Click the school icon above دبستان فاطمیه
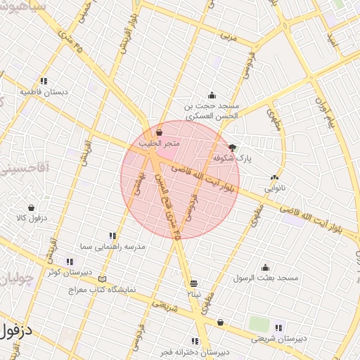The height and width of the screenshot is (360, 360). [x=44, y=81]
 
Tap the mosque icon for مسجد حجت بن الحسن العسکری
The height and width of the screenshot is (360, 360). [x=212, y=96]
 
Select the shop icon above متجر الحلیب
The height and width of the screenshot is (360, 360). [x=159, y=131]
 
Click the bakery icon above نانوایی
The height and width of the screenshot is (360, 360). [x=274, y=178]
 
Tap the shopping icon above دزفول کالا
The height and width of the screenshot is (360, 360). [x=31, y=207]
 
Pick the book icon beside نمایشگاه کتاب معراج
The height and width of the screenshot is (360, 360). [x=103, y=278]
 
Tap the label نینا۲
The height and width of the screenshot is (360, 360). [x=193, y=292]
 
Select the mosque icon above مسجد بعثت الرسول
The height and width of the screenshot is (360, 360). [x=265, y=267]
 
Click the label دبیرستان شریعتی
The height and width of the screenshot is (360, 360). [x=280, y=339]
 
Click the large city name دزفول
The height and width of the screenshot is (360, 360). [x=20, y=330]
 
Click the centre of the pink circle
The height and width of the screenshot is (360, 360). [x=180, y=180]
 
